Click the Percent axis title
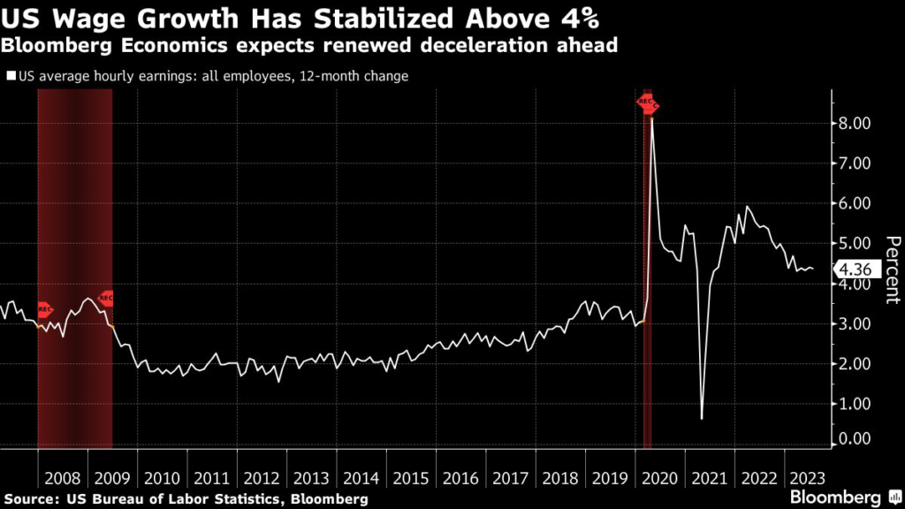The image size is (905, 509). click(891, 270)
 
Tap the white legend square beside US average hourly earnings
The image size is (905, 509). click(11, 77)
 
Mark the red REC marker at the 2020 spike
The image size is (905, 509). click(648, 103)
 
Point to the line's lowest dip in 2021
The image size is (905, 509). click(701, 418)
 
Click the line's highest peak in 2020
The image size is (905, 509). click(652, 116)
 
